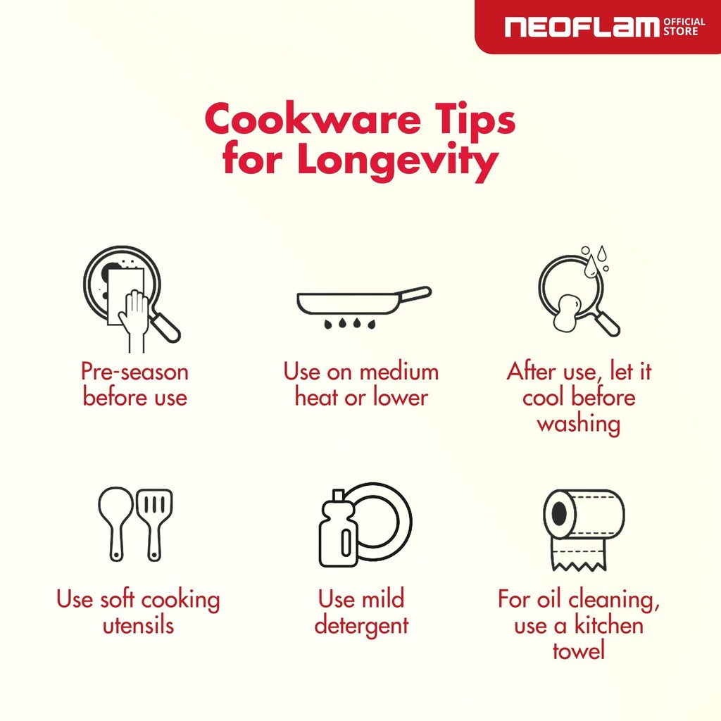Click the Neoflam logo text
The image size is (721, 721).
[x=582, y=27]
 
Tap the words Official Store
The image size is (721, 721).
[x=684, y=27]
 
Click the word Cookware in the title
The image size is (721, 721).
[x=313, y=119]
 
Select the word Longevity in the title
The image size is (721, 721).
[x=399, y=161]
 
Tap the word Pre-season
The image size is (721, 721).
[x=134, y=372]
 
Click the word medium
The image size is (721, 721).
[x=399, y=372]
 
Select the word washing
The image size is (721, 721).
[x=579, y=424]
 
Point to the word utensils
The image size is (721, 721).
[x=139, y=625]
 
